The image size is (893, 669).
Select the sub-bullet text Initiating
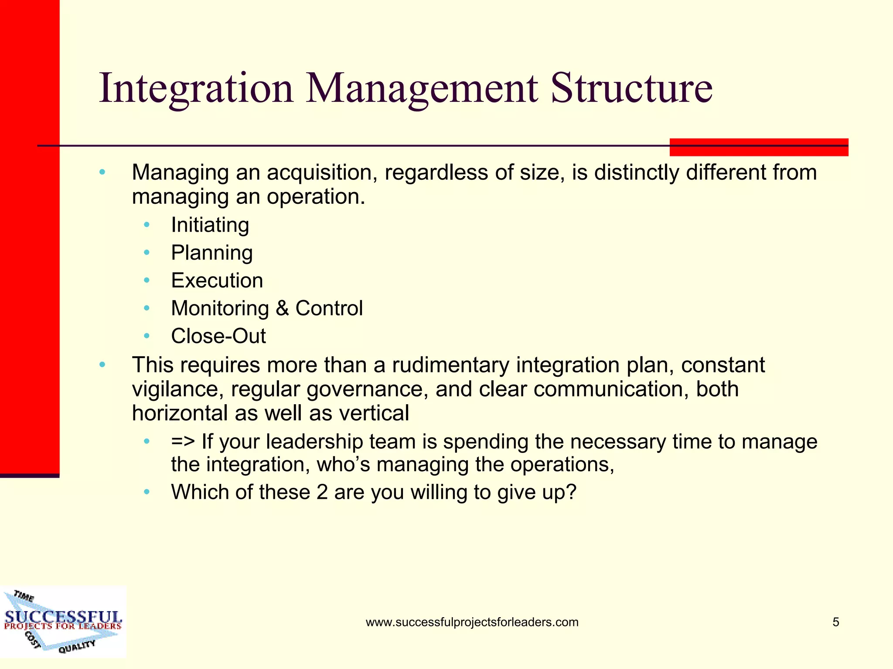pos(210,225)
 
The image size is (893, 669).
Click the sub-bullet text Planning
pos(211,253)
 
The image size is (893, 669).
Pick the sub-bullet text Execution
pos(217,280)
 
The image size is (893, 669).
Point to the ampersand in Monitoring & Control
pos(282,308)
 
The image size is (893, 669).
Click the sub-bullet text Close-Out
pos(218,336)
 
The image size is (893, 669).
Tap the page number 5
pos(835,622)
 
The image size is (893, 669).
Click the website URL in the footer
pos(472,622)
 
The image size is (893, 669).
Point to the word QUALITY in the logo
pos(77,646)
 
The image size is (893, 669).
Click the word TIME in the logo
pos(24,596)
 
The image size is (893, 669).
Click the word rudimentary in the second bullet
pos(450,365)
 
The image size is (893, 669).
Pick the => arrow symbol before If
pos(183,442)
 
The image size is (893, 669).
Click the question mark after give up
pos(571,492)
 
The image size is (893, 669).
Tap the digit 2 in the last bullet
pos(322,492)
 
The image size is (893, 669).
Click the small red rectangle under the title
pos(759,147)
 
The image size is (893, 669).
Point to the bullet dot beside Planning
pos(147,253)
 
